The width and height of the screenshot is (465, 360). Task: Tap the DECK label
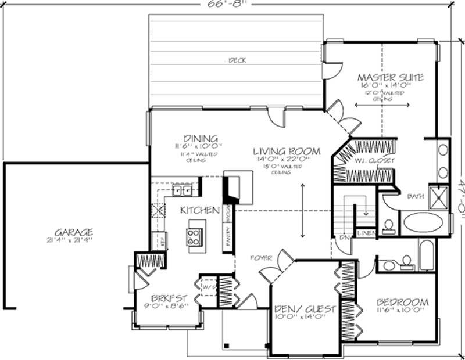[x=235, y=60]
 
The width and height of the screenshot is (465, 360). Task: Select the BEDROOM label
[x=402, y=303]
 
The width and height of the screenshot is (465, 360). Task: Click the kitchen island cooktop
[x=194, y=235]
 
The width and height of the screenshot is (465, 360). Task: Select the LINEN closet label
[x=367, y=233]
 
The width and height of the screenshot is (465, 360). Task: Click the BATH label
[x=415, y=196]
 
